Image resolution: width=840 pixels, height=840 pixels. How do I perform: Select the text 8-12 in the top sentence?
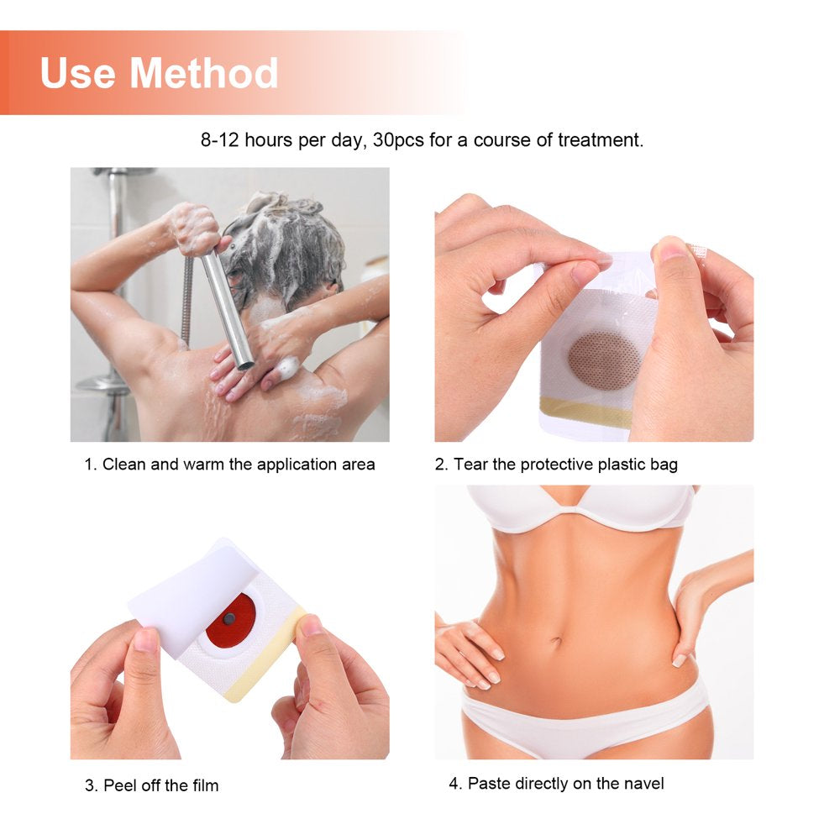pyautogui.click(x=220, y=140)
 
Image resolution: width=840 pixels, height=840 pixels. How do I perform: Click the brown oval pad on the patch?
pyautogui.click(x=603, y=360)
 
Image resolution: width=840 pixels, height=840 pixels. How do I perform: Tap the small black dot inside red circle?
pyautogui.click(x=229, y=619)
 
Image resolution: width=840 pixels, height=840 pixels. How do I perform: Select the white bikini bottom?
pyautogui.click(x=580, y=722)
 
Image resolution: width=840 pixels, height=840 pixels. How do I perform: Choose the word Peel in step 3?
pyautogui.click(x=120, y=786)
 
